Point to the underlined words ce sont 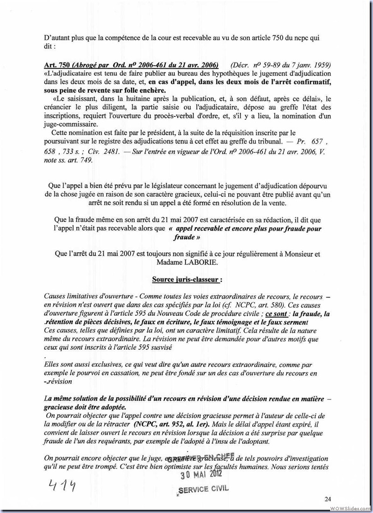277,314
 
